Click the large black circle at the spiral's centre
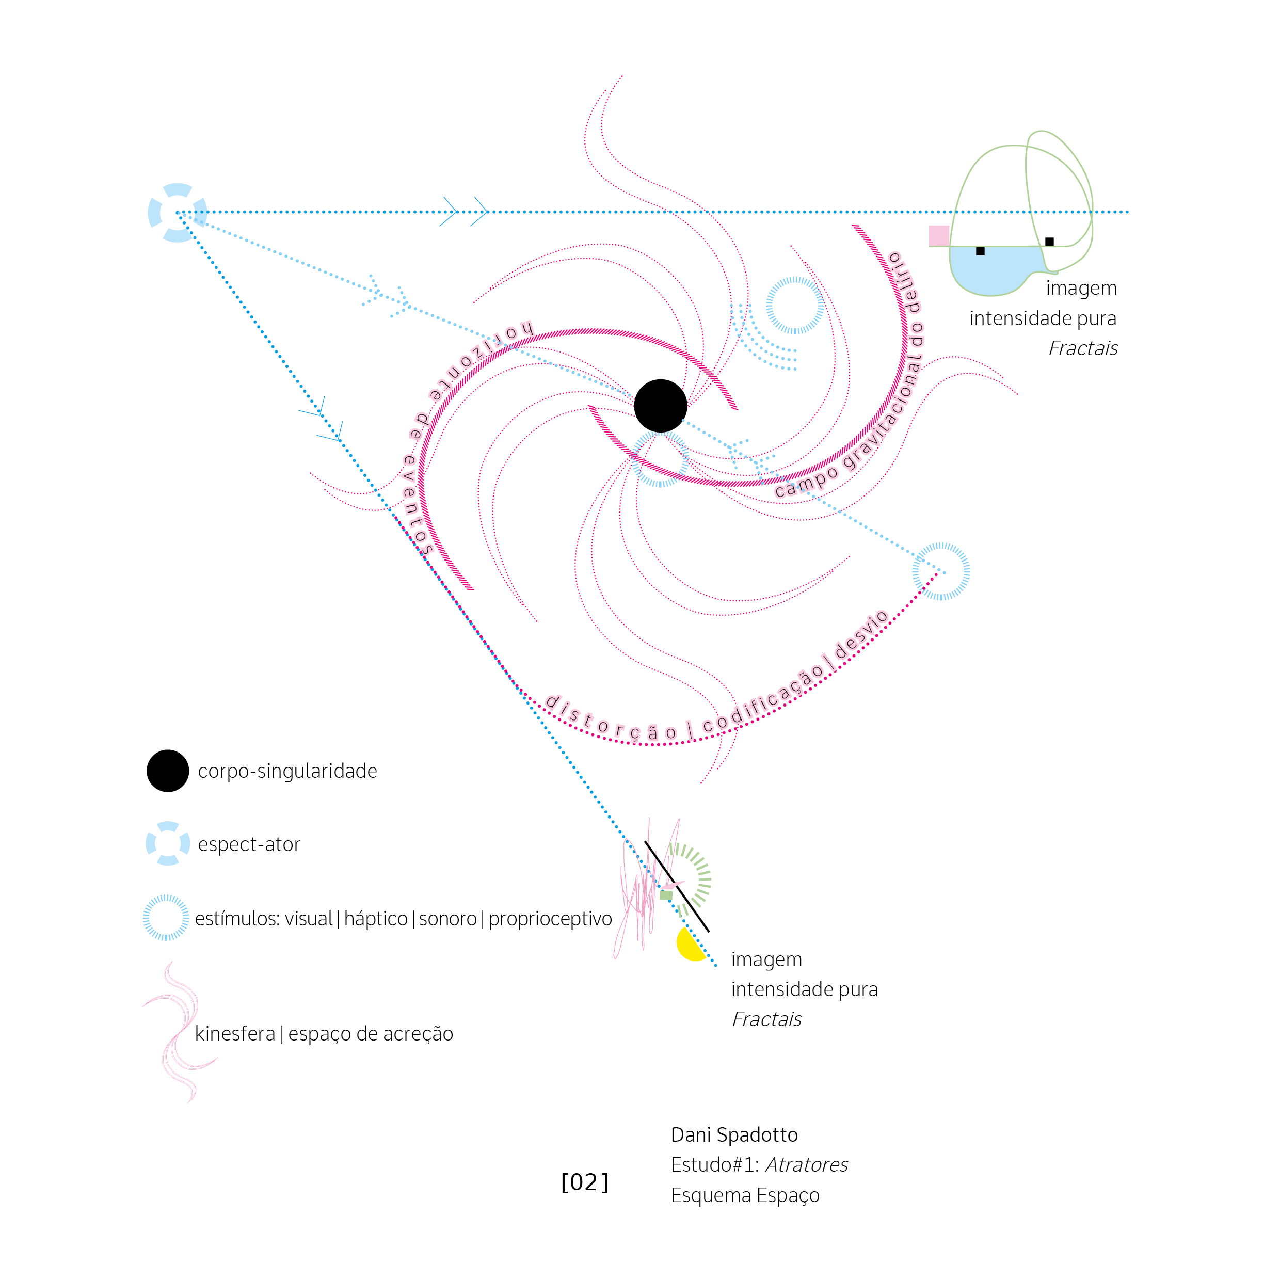(660, 406)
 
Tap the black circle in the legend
(168, 771)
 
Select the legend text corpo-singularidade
(287, 771)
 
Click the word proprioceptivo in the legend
(550, 919)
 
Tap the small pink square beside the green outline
(938, 235)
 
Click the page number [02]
(584, 1182)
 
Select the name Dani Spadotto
(734, 1134)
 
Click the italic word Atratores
(806, 1165)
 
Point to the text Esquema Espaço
(745, 1195)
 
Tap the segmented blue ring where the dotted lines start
(177, 213)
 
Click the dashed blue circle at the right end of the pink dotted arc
(941, 571)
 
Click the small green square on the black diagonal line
(666, 895)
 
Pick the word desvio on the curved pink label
(860, 635)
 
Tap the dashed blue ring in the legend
(166, 918)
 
